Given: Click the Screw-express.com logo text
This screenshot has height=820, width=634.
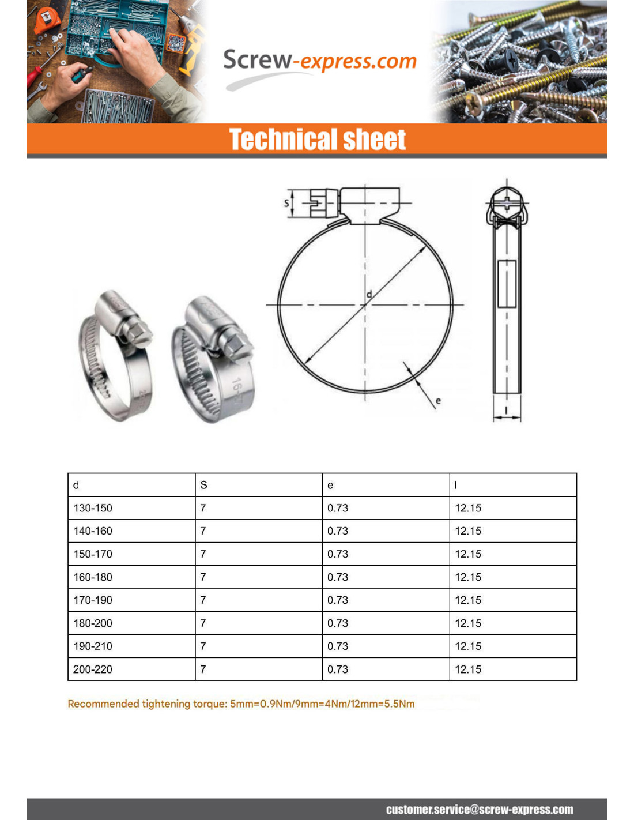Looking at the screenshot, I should tap(319, 61).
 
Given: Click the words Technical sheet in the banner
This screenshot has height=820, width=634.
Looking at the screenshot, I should tap(318, 140).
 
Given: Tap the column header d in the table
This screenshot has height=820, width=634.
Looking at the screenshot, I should tap(76, 485).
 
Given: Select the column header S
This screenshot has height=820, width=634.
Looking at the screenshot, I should tap(203, 485).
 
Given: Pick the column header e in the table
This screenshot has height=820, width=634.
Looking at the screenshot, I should tap(330, 486).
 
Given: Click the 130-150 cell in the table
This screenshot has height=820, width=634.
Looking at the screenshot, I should tap(93, 508).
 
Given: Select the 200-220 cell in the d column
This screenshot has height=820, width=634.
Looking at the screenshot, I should tap(93, 669).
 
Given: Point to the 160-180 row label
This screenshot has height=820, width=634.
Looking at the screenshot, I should tap(93, 577).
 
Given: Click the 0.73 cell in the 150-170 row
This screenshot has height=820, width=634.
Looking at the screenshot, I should tap(338, 554).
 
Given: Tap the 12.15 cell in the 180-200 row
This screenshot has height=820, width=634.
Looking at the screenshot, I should tap(468, 623).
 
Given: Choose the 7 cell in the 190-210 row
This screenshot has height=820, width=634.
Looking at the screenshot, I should tap(203, 646).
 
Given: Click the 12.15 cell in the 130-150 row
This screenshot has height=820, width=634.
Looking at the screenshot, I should tap(468, 508).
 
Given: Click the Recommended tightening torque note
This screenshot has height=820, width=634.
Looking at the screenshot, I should tap(241, 704).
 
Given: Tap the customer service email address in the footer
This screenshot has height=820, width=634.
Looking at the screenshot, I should tap(480, 810).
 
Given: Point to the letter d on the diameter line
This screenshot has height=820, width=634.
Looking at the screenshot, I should tap(369, 294).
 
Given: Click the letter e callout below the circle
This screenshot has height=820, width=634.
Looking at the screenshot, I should tap(438, 400).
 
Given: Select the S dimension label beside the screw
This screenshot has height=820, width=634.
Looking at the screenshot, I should tap(286, 203).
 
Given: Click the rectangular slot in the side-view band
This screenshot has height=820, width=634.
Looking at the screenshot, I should tap(507, 283).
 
